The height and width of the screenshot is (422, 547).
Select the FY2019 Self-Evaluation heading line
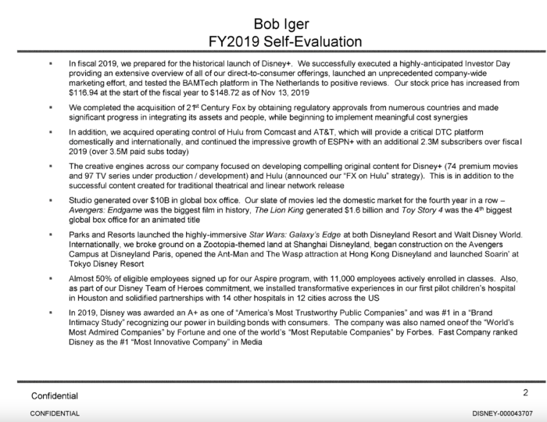pyautogui.click(x=273, y=39)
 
